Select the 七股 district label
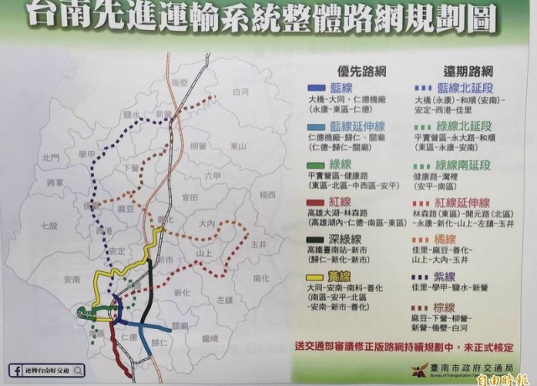(x=50, y=226)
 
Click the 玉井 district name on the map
(x=257, y=243)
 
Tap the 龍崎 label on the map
(x=211, y=336)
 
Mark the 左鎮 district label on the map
(x=224, y=299)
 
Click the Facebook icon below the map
(x=16, y=370)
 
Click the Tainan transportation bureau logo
(x=413, y=370)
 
